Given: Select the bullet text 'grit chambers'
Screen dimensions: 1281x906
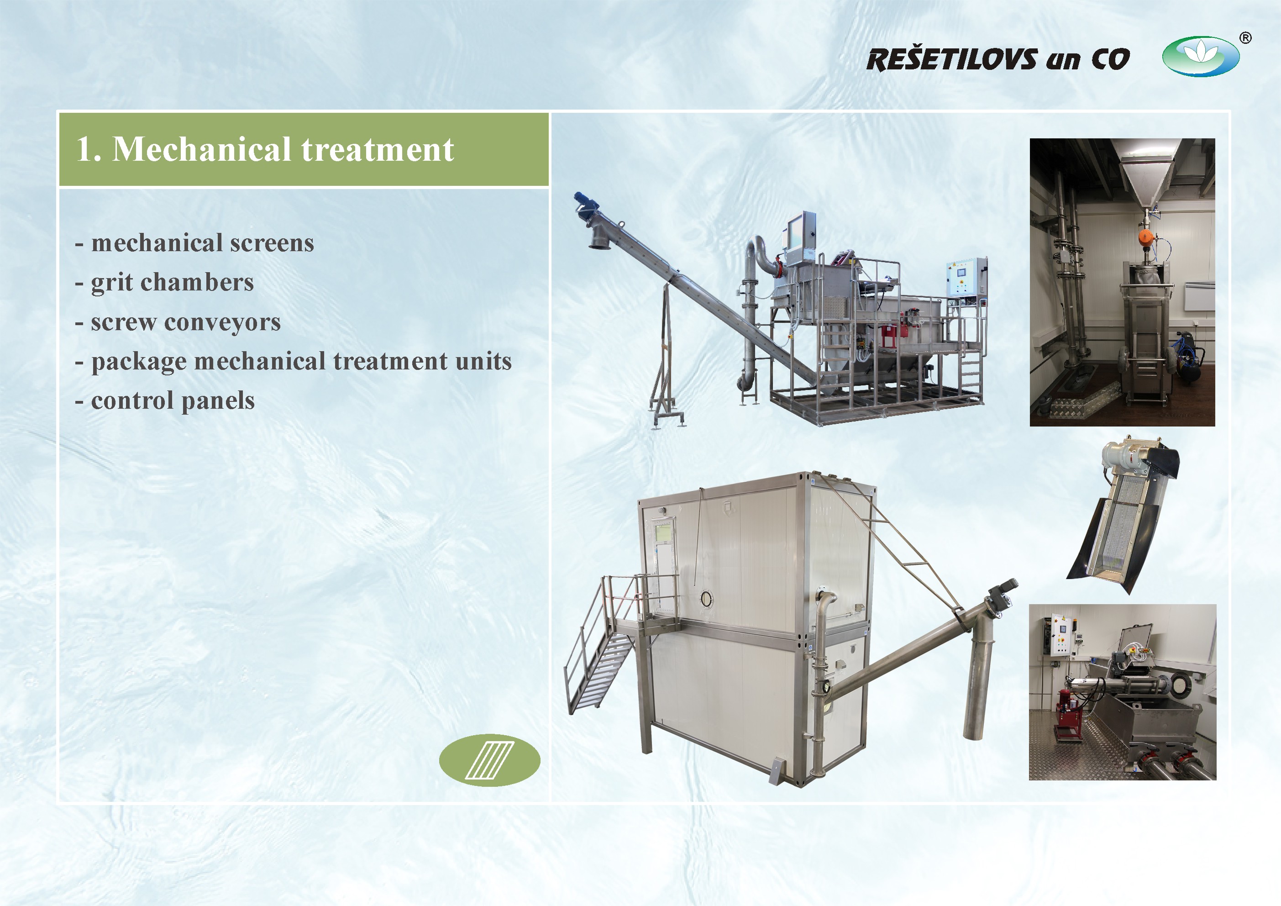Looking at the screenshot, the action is coord(173,283).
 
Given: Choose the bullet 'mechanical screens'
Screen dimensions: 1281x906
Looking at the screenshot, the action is coord(203,243).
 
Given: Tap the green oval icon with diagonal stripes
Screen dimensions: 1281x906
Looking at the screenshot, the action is coord(489,760).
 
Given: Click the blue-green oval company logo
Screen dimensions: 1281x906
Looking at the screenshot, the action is coord(1201,56).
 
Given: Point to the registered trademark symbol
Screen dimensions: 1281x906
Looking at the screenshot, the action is coord(1245,38).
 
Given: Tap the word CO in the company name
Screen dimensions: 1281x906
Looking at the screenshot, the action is coord(1110,60).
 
